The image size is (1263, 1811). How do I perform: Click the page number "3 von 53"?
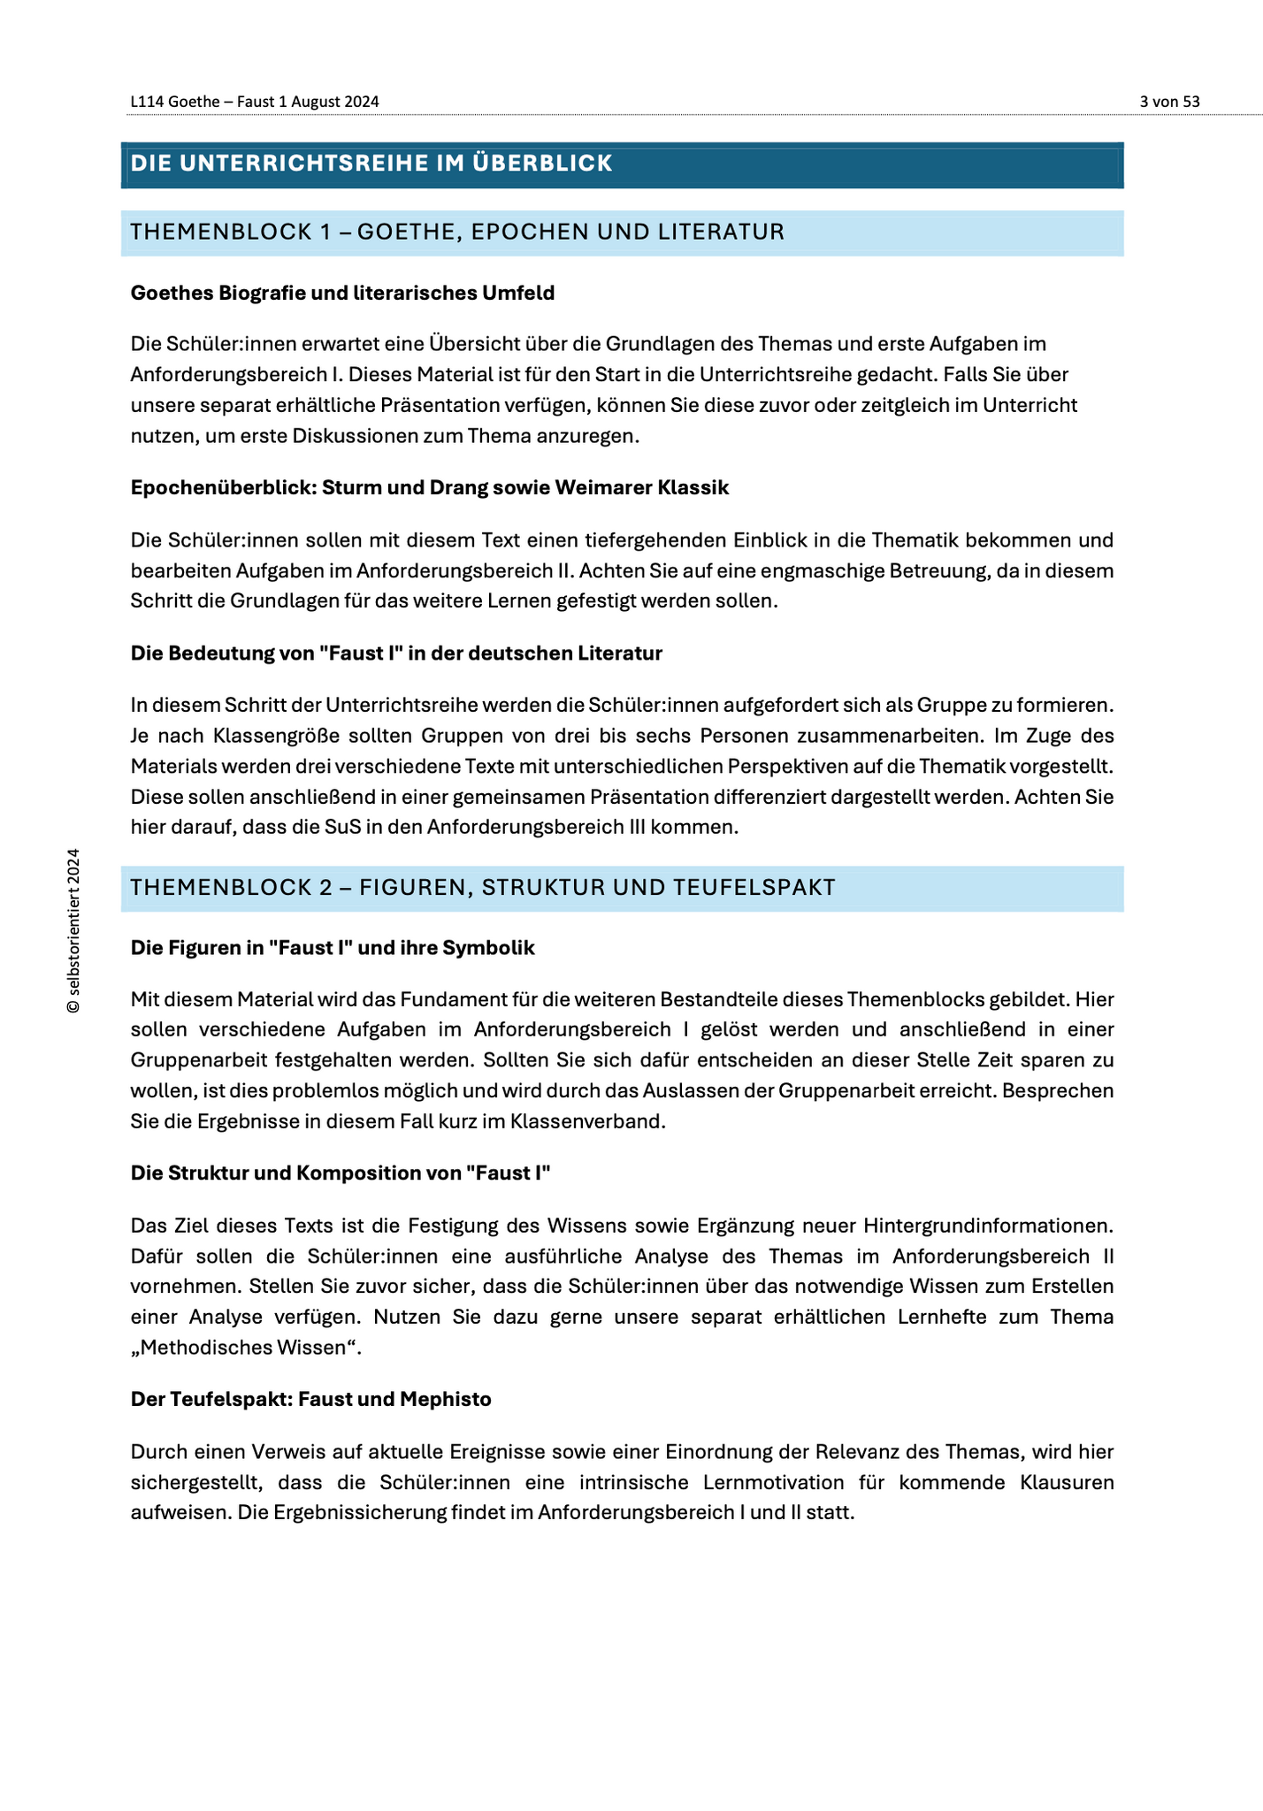pos(1169,102)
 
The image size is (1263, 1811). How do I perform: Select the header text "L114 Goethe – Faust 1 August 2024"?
pos(255,102)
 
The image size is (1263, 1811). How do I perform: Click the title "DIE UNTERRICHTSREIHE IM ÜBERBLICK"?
pos(371,164)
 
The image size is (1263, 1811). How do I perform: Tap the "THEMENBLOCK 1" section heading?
pos(457,233)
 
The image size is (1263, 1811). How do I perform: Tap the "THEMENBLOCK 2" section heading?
pos(483,888)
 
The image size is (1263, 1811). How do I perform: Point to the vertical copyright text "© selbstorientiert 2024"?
pos(74,930)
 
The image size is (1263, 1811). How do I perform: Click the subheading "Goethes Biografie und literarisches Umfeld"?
pos(342,294)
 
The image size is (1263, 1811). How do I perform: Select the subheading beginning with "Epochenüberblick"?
pos(430,488)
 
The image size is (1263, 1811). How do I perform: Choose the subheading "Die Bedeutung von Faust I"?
pos(396,653)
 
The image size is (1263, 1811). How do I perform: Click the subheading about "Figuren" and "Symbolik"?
pos(333,948)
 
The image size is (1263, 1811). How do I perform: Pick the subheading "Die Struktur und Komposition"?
pos(341,1173)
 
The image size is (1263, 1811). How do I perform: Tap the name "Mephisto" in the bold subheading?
pos(446,1400)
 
